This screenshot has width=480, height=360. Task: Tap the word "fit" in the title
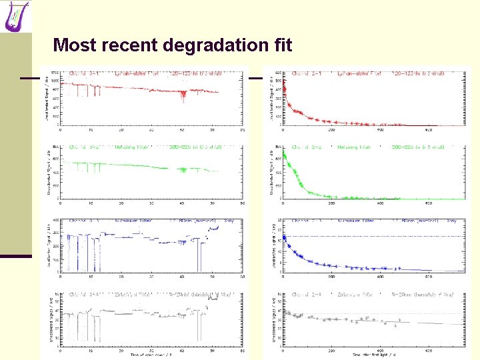[282, 45]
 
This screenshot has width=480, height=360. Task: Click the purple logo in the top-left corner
[17, 16]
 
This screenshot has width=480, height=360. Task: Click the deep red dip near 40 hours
[183, 97]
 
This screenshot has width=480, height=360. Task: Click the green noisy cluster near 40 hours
[183, 169]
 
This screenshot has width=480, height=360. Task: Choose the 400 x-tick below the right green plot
[381, 203]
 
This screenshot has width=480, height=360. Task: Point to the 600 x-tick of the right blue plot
[429, 276]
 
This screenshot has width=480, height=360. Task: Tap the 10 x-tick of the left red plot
[91, 129]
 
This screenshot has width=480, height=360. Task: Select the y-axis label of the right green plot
[272, 170]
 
